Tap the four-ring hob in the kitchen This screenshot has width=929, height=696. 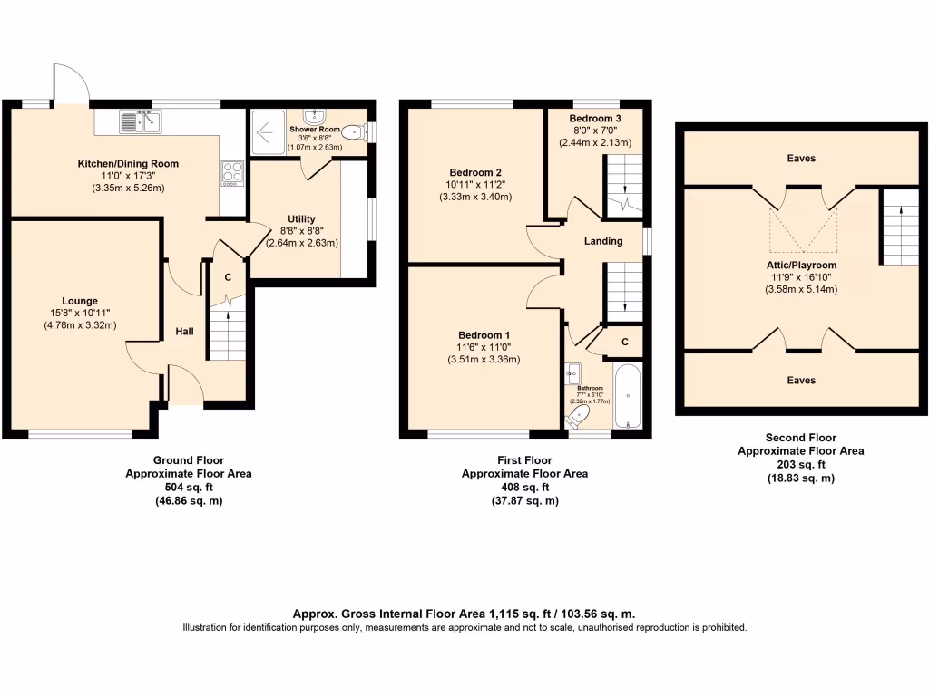point(231,173)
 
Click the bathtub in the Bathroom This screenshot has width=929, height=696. point(629,396)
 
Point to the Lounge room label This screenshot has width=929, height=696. point(80,301)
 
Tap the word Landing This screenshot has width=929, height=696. point(603,241)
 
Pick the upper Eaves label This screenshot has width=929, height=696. point(801,159)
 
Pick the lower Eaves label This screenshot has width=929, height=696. point(801,381)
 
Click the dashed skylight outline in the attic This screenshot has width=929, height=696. point(804,230)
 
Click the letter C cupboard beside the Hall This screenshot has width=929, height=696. point(228,277)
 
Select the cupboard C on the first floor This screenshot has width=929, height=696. point(626,342)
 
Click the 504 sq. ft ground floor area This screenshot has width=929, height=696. point(188,487)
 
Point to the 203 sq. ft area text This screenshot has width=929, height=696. point(800,464)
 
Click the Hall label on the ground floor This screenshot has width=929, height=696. point(185,332)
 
